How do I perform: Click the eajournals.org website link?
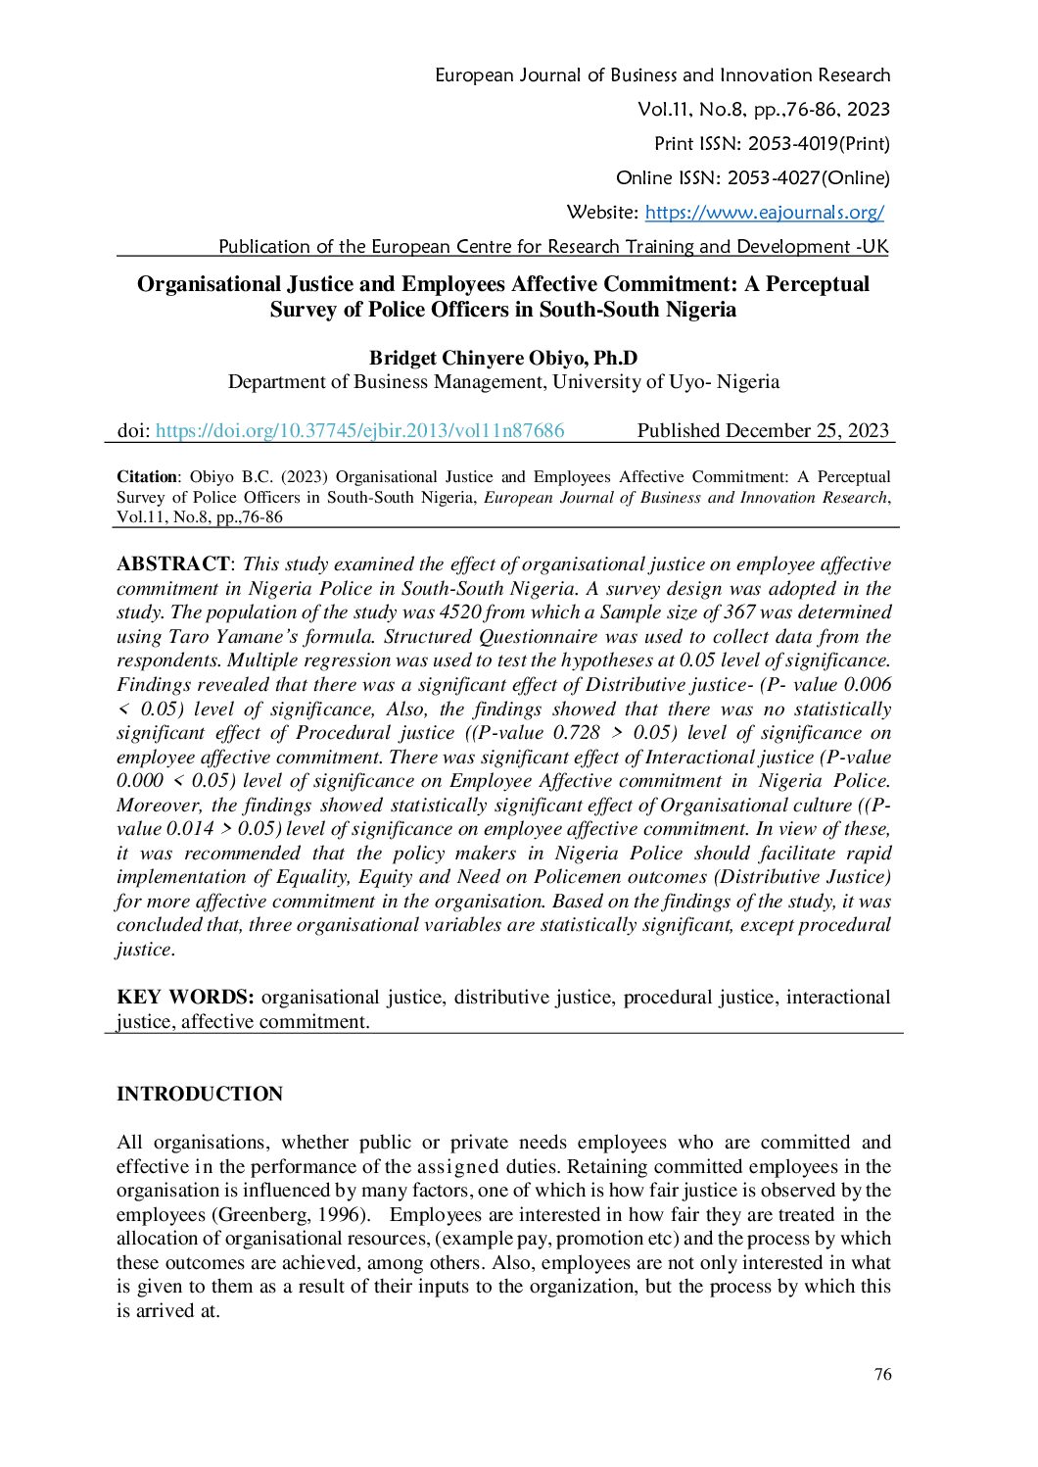coord(764,213)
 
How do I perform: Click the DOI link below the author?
coord(359,430)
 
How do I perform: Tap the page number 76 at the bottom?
coord(882,1374)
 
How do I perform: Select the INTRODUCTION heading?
coord(200,1094)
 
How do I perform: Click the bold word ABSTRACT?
coord(172,564)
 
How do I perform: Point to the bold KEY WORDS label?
coord(185,998)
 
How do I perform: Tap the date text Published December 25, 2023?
coord(763,430)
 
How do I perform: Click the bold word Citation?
coord(147,477)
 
